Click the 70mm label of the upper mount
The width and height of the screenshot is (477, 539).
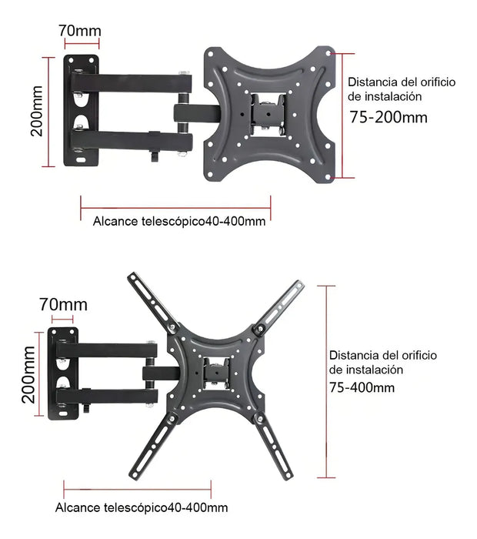click(80, 31)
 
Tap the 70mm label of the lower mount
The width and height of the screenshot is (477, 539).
click(63, 305)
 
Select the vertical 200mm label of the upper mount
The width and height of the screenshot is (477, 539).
click(36, 111)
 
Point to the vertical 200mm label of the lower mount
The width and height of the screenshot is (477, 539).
click(28, 374)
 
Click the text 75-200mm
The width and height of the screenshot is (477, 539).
click(389, 117)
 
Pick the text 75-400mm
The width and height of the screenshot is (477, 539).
click(362, 388)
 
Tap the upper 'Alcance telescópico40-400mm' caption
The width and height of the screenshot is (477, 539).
click(179, 221)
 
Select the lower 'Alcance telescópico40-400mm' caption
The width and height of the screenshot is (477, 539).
click(142, 507)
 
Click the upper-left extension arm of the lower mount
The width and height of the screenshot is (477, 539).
click(153, 302)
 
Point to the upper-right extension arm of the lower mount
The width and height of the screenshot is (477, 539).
click(279, 306)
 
